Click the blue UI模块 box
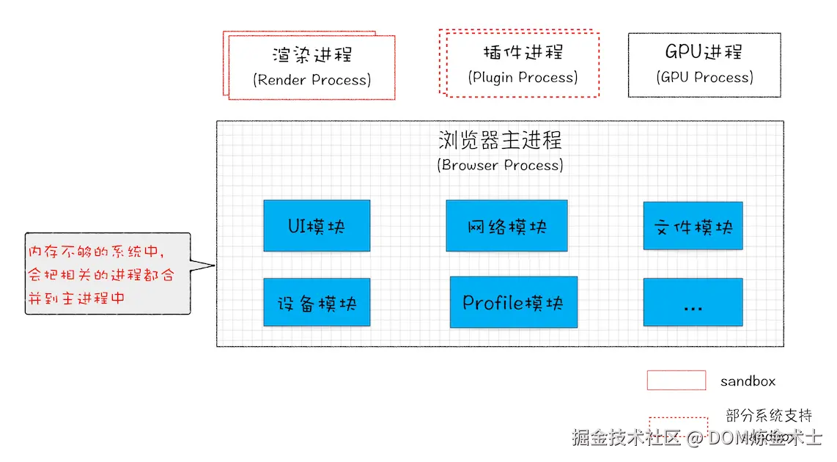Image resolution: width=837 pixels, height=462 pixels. pos(317,226)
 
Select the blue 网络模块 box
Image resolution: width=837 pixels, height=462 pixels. pos(506,226)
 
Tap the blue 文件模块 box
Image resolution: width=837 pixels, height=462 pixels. pos(693,226)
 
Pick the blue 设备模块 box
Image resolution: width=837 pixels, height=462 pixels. pos(317,302)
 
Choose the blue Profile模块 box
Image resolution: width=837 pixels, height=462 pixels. pos(513,302)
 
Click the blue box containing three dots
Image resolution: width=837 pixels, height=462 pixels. pos(693,302)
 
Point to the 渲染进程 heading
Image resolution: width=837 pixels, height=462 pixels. pos(312,55)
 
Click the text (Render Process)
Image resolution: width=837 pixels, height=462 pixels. pos(312,79)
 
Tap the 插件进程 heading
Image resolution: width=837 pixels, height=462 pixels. pos(523,53)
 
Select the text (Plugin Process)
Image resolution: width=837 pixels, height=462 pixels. pos(523,77)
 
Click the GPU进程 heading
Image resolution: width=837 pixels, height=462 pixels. pos(704,52)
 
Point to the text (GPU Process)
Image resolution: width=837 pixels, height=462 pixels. pos(704,77)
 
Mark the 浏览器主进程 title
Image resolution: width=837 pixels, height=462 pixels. pos(500,139)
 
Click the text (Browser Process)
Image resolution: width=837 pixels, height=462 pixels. pos(500,165)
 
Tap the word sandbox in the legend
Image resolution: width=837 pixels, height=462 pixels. pos(748,381)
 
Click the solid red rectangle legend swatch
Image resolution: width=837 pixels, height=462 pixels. pos(676,380)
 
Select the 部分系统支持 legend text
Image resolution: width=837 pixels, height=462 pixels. pos(769,416)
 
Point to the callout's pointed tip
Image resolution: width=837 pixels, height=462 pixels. pos(214,265)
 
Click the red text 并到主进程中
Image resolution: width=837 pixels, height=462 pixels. pos(76,298)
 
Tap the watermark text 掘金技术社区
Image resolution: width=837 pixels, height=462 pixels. pos(627,438)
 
